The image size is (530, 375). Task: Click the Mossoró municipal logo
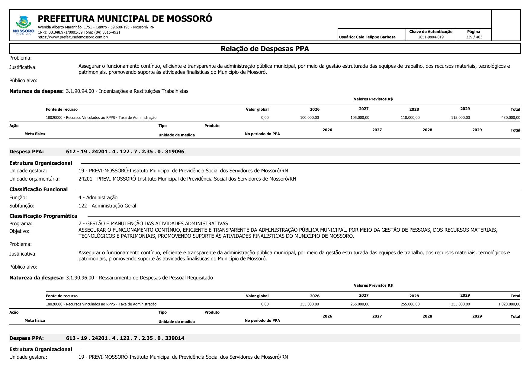(24, 25)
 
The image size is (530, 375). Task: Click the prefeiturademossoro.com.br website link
(73, 37)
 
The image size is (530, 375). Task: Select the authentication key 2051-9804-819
(431, 37)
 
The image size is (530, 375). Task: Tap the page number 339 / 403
(474, 37)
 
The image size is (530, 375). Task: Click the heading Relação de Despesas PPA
(265, 49)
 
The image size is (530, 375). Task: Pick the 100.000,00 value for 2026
(309, 118)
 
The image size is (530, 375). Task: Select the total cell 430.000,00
(511, 118)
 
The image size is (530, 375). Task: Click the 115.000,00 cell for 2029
(460, 118)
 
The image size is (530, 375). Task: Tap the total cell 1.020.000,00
(509, 304)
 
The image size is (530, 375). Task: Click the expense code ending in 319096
(125, 152)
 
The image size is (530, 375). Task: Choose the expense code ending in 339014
(125, 338)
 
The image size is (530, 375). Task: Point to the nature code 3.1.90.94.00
(80, 91)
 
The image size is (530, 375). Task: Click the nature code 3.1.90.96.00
(80, 278)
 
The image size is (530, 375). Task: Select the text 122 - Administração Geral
(107, 206)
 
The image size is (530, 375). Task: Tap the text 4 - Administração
(98, 197)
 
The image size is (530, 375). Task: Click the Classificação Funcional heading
(38, 189)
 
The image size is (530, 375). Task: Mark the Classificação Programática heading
(43, 216)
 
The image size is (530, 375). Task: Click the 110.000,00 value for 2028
(410, 118)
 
